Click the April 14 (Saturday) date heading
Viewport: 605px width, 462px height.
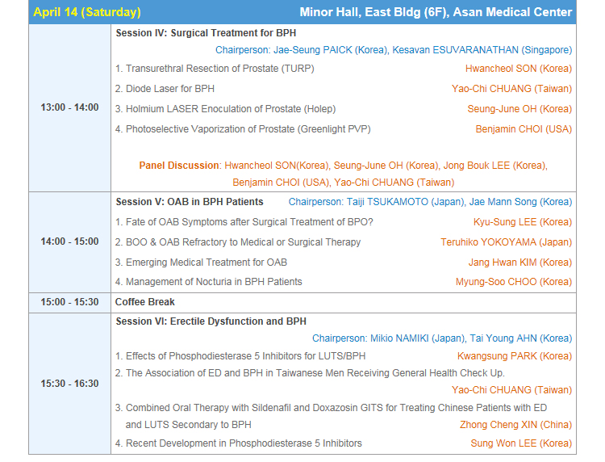tap(87, 12)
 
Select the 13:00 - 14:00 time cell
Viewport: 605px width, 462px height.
tap(70, 107)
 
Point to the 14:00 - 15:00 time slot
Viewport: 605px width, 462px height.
tap(70, 241)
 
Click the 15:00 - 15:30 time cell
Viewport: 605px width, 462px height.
tap(70, 302)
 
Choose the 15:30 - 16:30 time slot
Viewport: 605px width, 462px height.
tap(70, 384)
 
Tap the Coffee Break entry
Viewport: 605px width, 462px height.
tap(145, 302)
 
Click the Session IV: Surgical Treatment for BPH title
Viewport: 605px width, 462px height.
tap(206, 33)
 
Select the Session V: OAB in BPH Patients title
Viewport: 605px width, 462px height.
tap(190, 202)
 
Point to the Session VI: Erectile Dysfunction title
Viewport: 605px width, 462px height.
tap(211, 321)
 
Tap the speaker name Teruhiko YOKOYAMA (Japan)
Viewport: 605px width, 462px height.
tap(507, 242)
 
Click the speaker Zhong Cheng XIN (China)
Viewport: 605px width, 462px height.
tap(516, 425)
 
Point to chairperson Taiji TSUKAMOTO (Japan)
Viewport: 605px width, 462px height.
tap(406, 202)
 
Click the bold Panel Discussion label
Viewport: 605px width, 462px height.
tap(179, 166)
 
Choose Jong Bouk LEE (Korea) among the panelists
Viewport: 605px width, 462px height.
tap(495, 166)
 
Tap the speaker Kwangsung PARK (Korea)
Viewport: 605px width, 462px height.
tap(515, 356)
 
